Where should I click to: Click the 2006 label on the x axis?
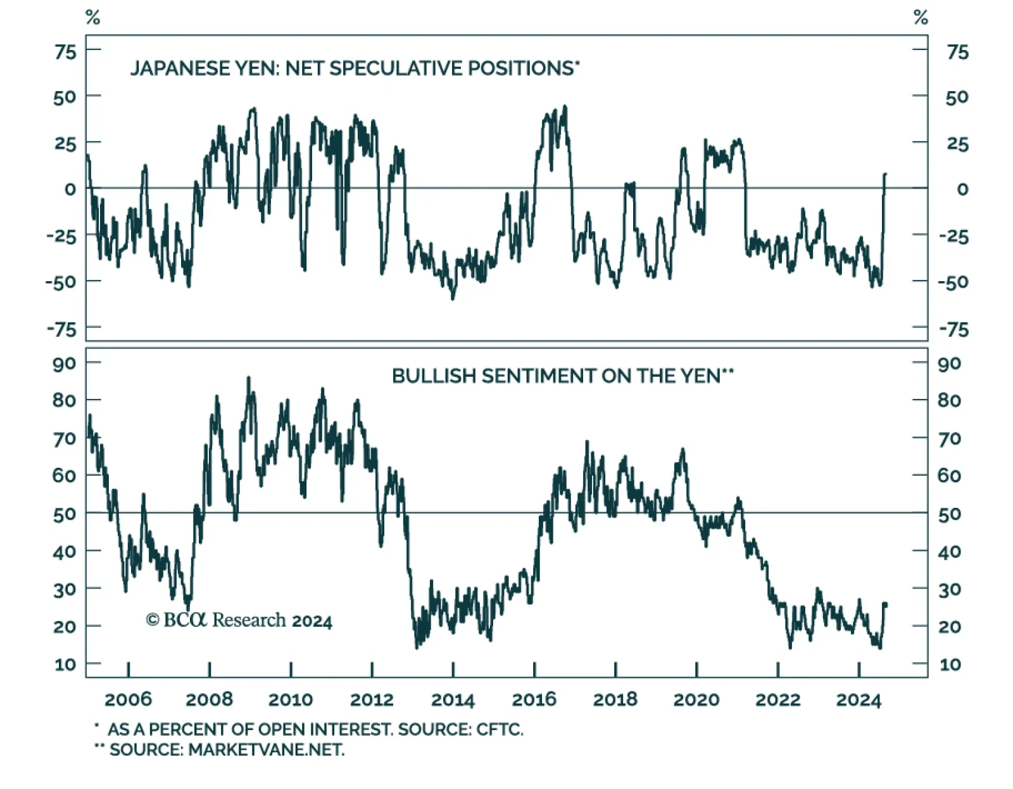[128, 699]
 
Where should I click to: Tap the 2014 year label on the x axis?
[453, 699]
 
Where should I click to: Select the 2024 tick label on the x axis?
[859, 699]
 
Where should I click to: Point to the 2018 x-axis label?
[615, 699]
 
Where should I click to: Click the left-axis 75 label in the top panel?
[65, 52]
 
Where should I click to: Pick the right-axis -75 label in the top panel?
[953, 329]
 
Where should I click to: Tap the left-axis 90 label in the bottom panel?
[64, 363]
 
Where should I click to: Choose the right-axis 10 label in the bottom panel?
[950, 664]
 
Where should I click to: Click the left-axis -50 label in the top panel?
[61, 282]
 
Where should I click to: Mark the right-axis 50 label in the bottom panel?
[949, 514]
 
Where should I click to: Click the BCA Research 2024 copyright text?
[239, 620]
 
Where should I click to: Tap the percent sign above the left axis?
[92, 18]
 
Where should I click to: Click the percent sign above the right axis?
[921, 18]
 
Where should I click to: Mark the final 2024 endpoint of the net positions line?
[885, 174]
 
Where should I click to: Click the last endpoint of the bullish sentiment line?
[886, 605]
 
